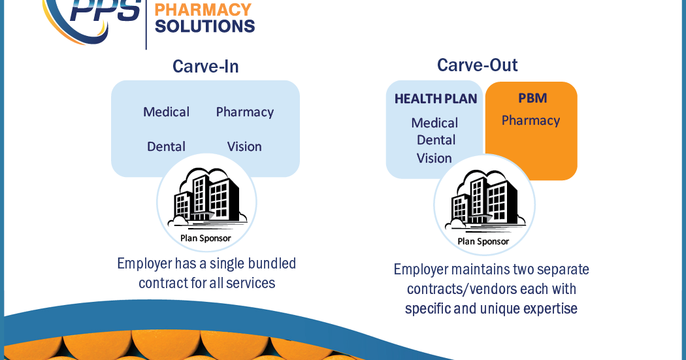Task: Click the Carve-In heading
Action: [x=205, y=67]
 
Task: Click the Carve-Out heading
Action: [x=478, y=65]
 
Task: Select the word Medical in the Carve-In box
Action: [x=167, y=112]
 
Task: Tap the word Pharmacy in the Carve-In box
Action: [x=245, y=112]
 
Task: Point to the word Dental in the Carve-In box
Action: [x=166, y=147]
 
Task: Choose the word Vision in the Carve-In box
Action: [x=244, y=147]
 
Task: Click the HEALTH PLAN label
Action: [x=436, y=99]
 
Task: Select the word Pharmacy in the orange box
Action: [x=531, y=121]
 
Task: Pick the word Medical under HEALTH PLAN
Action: [x=434, y=123]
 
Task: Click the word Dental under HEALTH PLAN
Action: [x=436, y=140]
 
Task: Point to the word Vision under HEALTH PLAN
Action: [x=434, y=158]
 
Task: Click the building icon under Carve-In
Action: [x=206, y=197]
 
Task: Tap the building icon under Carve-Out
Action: [x=484, y=200]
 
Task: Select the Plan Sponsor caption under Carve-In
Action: [x=206, y=238]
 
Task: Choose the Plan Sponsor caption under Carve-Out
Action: [x=483, y=242]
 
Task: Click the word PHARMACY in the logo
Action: [x=203, y=10]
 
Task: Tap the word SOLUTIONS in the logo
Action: [x=204, y=27]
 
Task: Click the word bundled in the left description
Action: [x=269, y=264]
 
